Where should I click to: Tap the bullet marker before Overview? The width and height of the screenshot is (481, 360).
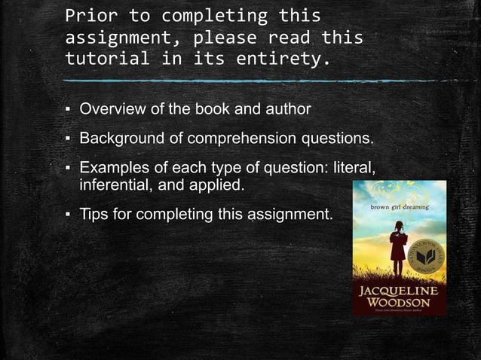click(x=67, y=110)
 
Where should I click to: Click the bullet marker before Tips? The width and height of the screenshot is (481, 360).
click(x=67, y=215)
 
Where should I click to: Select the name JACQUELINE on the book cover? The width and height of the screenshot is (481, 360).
click(x=399, y=290)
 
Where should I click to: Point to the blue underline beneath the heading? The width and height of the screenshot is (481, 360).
click(x=226, y=80)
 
